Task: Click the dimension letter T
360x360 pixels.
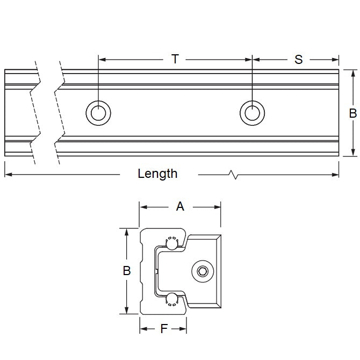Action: (175, 59)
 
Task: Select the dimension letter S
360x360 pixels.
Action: (298, 59)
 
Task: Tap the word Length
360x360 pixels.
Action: (157, 174)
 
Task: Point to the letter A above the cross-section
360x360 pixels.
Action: (180, 205)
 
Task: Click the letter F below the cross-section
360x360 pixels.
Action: (164, 328)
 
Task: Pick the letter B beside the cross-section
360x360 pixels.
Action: (127, 271)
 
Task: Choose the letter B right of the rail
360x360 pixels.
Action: (352, 113)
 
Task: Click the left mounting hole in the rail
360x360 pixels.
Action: (98, 113)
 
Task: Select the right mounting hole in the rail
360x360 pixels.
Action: (251, 113)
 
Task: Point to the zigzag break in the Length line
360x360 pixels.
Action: (232, 174)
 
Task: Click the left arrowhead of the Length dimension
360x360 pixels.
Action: (8, 174)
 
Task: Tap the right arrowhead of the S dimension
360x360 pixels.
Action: (336, 59)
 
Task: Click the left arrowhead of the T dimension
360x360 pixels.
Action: (102, 59)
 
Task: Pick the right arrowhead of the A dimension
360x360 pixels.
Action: (218, 206)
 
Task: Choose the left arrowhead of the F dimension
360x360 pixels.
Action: (143, 328)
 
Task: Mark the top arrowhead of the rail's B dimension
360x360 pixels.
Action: (352, 73)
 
